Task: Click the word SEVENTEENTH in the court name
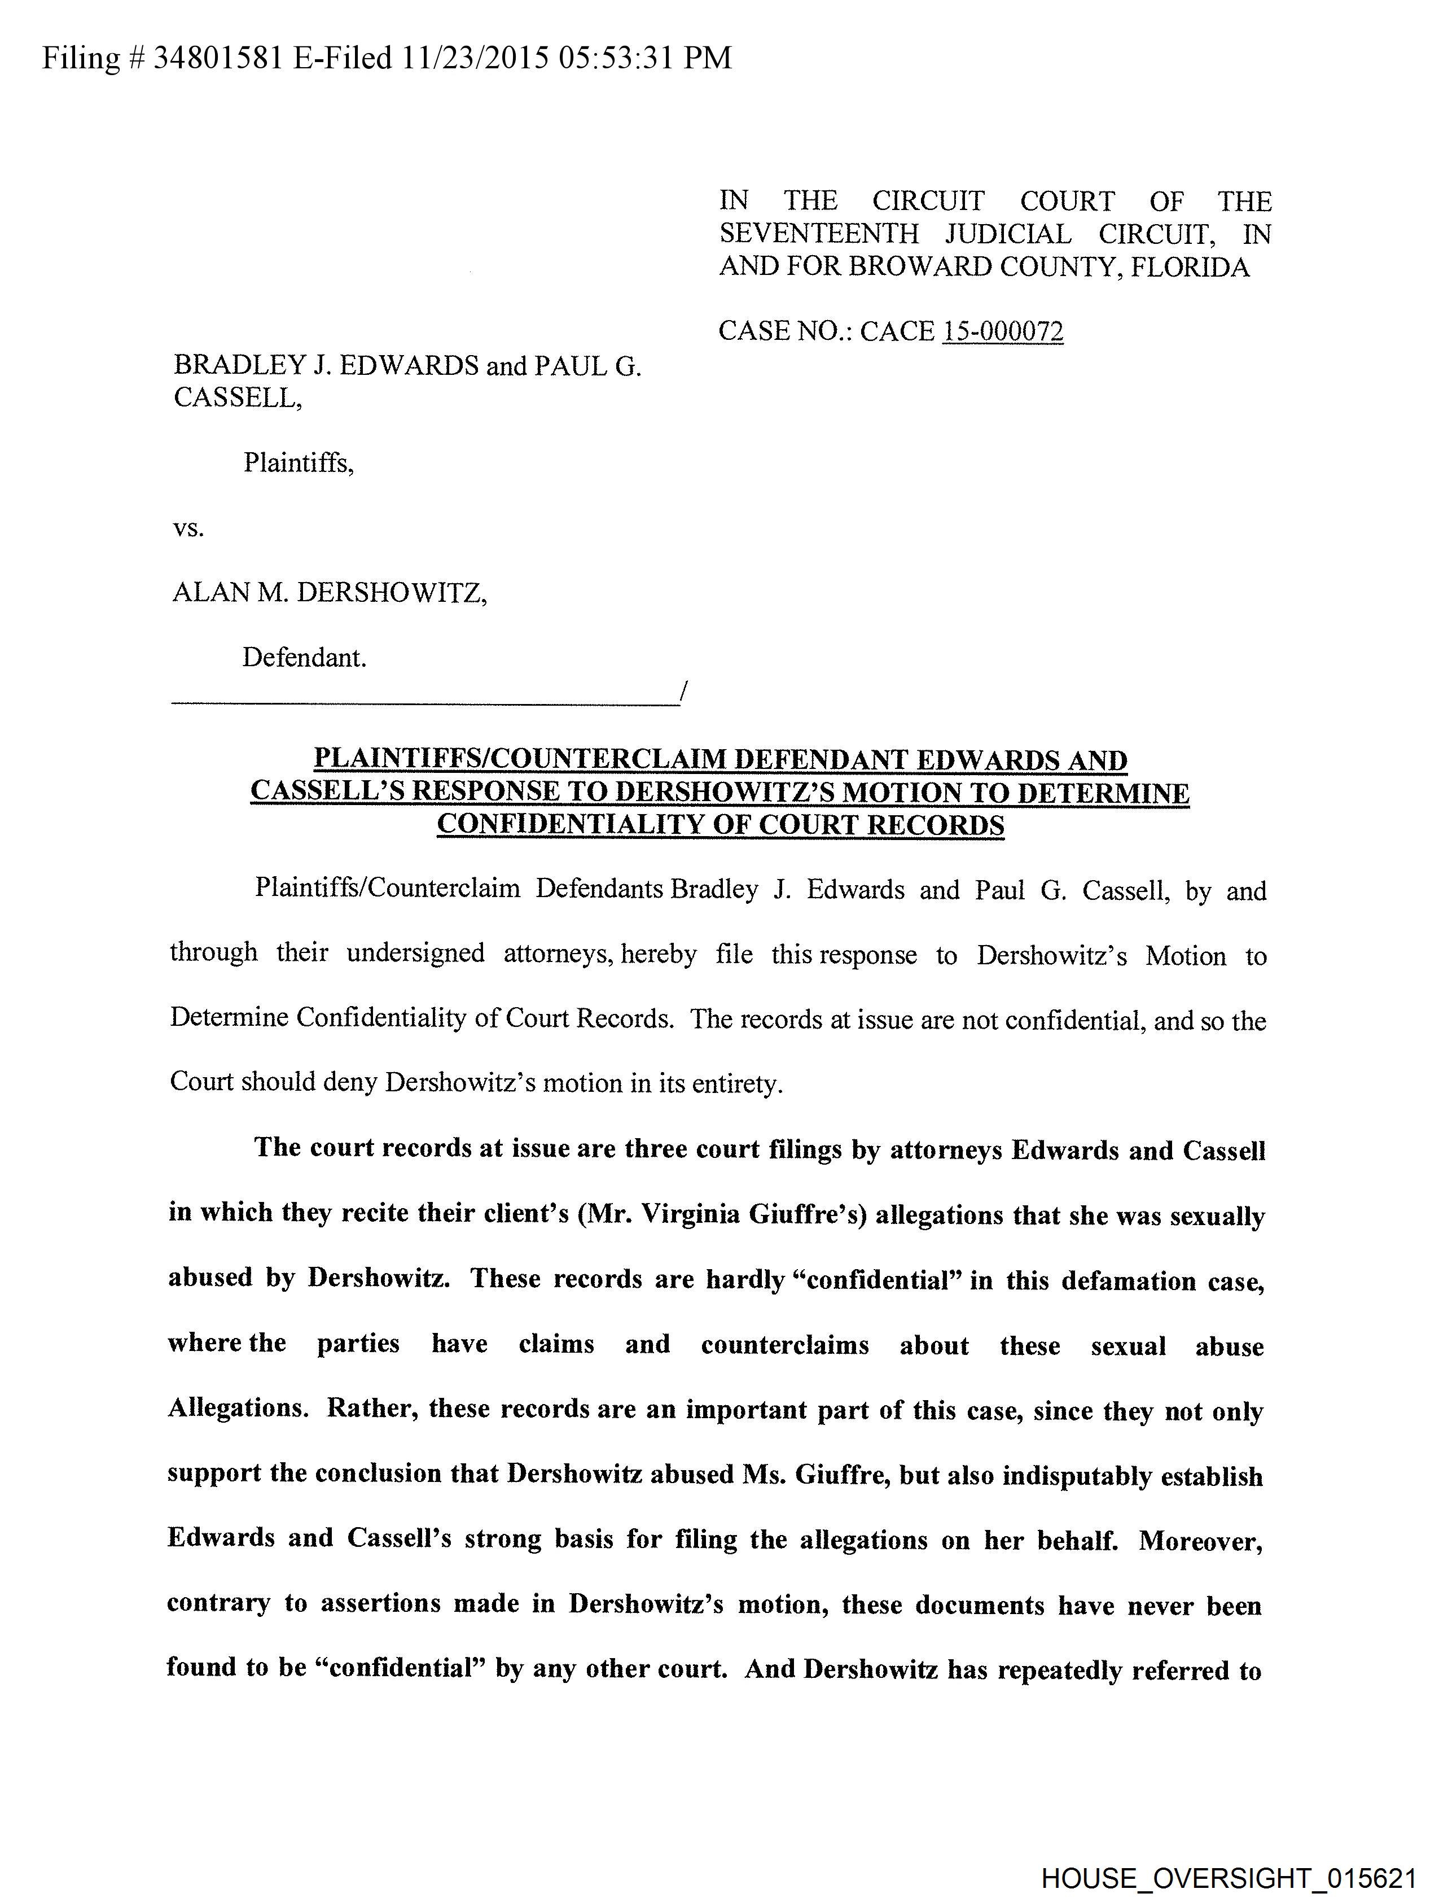[818, 234]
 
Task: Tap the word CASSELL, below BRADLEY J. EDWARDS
[237, 397]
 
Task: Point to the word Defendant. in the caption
[304, 658]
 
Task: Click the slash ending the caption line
[682, 690]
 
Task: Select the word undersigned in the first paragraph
[415, 954]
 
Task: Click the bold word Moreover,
[1201, 1541]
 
